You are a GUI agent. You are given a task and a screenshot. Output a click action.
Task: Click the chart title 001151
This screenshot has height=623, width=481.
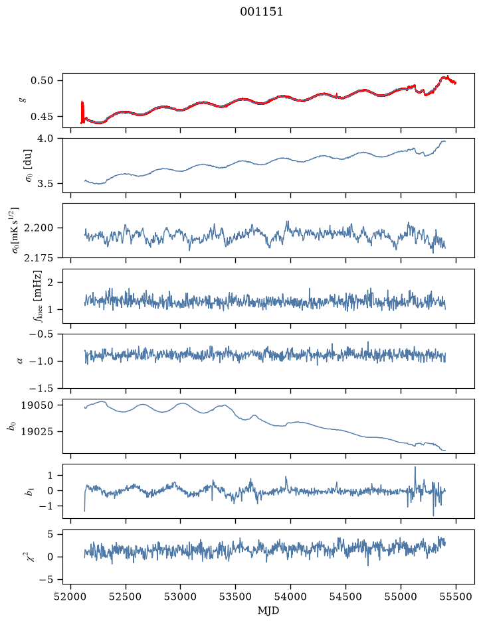pos(261,12)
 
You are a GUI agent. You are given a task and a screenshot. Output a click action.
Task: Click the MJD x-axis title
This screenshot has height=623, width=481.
pos(268,610)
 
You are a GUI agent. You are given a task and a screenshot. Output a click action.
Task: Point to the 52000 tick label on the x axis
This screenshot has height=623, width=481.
pos(71,596)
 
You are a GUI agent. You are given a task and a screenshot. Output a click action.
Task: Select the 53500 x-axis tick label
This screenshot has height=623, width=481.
pos(236,596)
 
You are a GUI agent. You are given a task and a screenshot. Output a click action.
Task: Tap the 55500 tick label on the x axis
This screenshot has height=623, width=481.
pos(456,596)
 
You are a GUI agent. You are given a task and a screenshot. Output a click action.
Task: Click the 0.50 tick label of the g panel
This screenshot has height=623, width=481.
pos(41,81)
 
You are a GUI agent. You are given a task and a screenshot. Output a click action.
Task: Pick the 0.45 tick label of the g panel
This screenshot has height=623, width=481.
pos(41,117)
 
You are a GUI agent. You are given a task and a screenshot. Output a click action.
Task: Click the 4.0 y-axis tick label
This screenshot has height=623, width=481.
pos(45,139)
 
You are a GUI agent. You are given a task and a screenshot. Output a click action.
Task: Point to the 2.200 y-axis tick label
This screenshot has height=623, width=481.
pos(39,228)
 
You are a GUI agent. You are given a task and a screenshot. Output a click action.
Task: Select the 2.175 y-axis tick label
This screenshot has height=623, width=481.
pos(39,258)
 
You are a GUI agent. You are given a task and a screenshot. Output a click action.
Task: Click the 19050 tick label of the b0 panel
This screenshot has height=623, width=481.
pos(37,405)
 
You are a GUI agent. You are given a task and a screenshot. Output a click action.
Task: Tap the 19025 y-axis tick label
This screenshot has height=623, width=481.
pos(37,431)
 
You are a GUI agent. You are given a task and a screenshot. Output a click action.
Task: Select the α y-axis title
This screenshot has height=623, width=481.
pos(20,361)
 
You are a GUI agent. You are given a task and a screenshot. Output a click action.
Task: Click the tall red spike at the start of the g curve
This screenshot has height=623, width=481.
pos(82,112)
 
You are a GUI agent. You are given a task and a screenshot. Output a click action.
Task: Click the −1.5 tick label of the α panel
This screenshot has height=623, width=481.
pos(41,388)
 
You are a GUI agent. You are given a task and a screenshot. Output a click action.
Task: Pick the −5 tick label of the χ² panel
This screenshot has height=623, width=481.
pos(45,580)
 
